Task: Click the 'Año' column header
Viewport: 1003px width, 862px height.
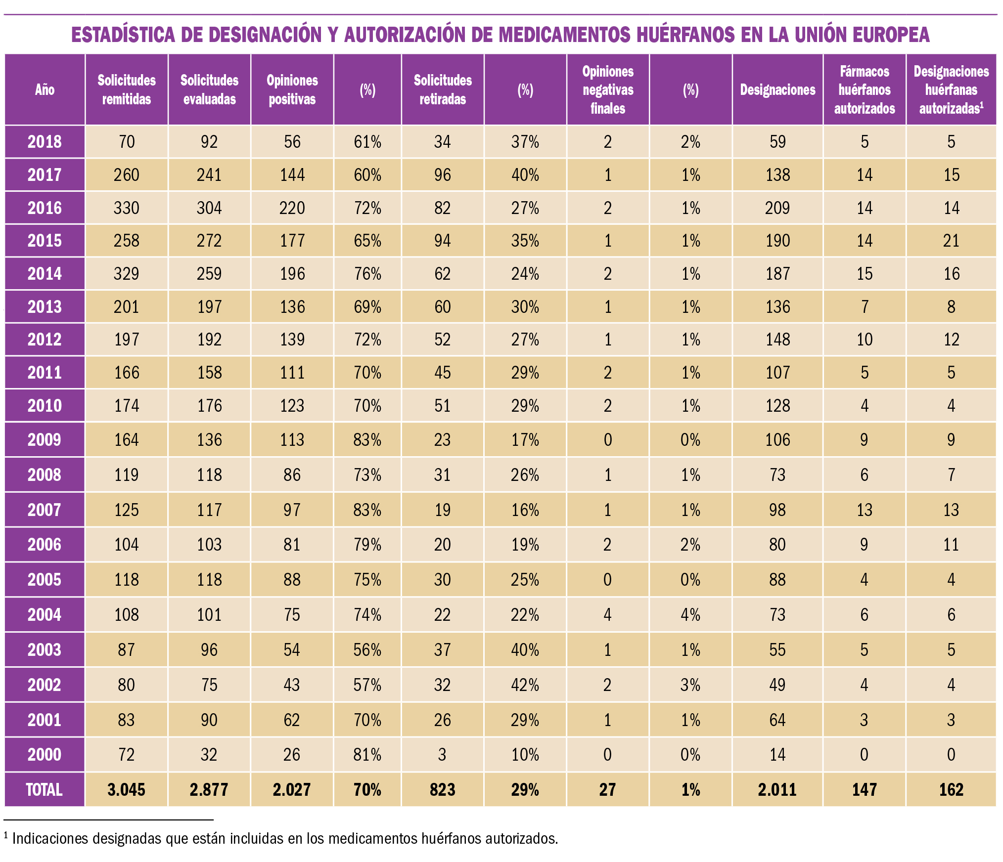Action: point(45,89)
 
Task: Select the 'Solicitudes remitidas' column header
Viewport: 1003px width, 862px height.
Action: point(127,89)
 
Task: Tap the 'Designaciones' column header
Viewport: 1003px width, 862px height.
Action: point(777,89)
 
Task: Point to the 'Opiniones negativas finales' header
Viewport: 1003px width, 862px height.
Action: point(608,89)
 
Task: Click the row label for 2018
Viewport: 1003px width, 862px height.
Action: point(45,142)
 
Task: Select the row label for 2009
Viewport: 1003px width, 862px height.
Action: point(45,439)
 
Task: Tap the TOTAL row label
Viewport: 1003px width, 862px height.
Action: point(45,789)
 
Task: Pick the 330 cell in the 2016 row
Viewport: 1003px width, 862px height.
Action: point(127,208)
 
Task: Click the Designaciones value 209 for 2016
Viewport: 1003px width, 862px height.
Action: point(777,208)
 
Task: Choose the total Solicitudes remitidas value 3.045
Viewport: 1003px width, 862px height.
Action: point(127,789)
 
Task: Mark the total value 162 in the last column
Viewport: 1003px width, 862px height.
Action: point(951,789)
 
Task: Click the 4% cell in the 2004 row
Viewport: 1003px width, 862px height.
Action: point(690,614)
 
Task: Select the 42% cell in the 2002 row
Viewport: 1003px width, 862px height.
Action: point(525,685)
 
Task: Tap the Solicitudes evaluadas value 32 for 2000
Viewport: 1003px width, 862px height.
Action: point(209,754)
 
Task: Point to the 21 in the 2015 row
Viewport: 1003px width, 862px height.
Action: point(951,241)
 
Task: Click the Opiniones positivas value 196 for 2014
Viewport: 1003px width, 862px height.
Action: point(292,274)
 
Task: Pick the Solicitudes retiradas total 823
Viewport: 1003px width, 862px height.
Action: point(443,789)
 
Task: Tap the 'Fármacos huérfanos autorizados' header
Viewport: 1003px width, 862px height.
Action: point(865,89)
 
